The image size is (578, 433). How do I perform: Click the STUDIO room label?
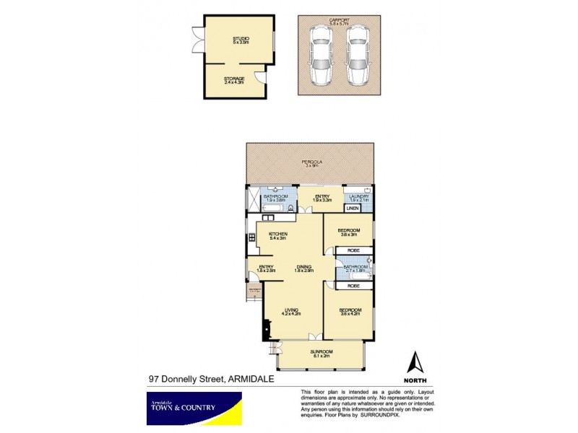coord(241,40)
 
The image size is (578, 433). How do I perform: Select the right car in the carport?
coord(355,56)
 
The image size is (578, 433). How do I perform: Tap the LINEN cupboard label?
coord(353,208)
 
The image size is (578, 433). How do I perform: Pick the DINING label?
coord(304,268)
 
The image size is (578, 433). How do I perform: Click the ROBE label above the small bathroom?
coord(353,251)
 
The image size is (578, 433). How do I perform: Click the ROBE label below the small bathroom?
coord(353,286)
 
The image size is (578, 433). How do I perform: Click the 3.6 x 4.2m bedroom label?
coord(350,312)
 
